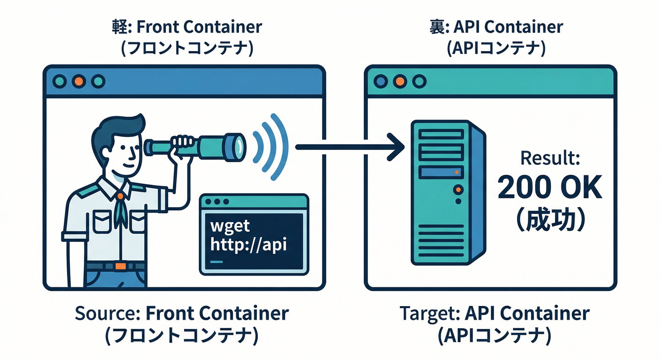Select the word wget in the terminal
[231, 227]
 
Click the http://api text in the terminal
[248, 245]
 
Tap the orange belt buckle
[120, 266]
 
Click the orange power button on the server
[458, 189]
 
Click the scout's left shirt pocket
[101, 221]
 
